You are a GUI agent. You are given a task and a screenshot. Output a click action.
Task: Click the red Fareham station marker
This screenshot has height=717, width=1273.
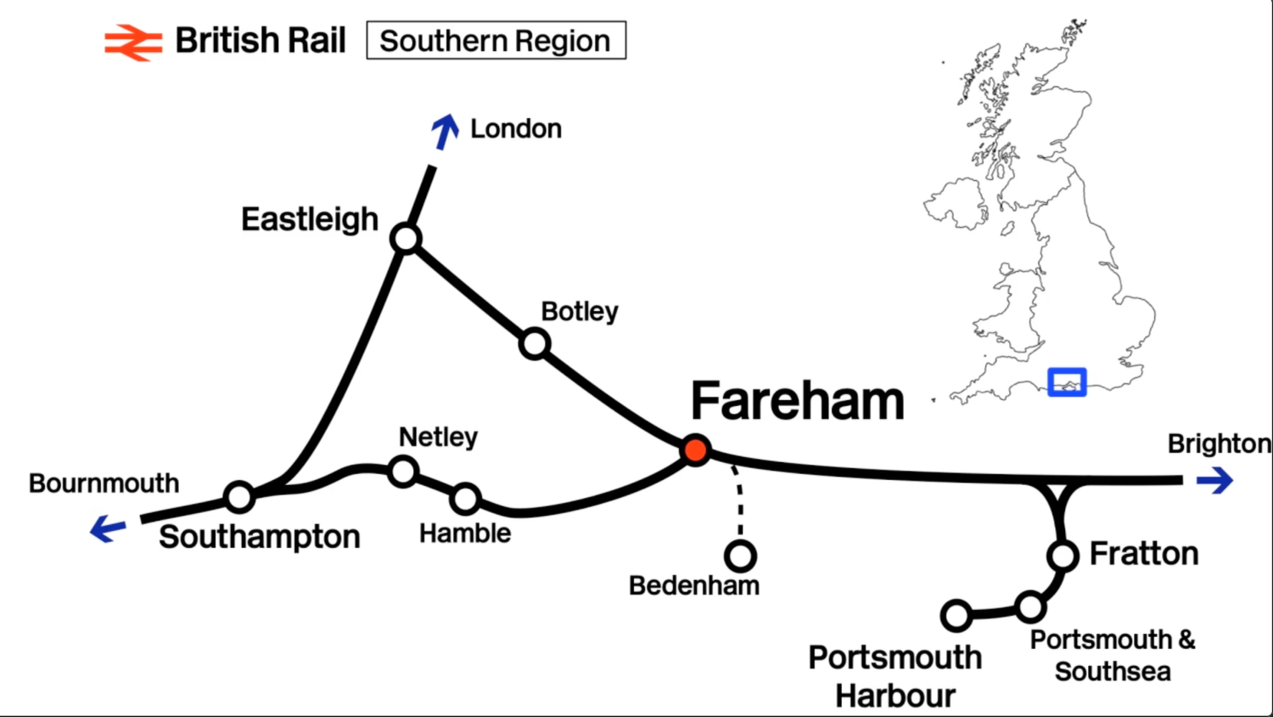696,450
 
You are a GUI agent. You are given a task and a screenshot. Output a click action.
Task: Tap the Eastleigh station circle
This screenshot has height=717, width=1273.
407,238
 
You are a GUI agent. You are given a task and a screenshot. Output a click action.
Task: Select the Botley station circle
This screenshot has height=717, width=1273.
535,344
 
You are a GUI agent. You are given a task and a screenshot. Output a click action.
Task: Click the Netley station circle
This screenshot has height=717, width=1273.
403,471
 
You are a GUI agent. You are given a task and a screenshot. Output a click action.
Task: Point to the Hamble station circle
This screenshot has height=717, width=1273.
465,499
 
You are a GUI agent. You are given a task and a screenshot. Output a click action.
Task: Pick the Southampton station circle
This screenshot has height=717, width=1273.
240,496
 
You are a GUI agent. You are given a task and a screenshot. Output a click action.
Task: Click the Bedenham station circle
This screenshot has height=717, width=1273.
741,556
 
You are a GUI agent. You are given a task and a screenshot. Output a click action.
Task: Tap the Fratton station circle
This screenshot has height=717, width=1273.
1063,556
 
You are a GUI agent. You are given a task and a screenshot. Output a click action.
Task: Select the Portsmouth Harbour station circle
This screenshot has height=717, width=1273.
956,615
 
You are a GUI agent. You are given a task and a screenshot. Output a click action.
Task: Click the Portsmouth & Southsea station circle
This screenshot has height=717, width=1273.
1030,607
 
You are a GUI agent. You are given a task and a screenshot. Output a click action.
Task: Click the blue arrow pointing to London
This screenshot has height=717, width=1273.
445,132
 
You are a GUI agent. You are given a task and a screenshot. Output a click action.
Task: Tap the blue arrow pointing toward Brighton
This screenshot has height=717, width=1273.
1215,481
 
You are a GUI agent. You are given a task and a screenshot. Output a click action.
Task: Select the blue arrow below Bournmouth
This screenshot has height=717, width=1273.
108,528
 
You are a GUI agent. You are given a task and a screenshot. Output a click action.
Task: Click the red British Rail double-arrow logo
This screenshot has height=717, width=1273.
133,42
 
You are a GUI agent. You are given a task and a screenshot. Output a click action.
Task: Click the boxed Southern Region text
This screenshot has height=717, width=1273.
496,41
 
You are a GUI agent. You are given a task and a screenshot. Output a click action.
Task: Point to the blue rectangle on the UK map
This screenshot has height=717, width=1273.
1067,382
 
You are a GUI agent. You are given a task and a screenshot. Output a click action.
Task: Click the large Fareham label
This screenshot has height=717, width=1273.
797,401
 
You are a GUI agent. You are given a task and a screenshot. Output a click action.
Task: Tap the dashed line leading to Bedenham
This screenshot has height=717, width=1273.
739,501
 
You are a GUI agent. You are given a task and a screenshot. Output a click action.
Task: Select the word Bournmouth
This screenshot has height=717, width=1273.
104,483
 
